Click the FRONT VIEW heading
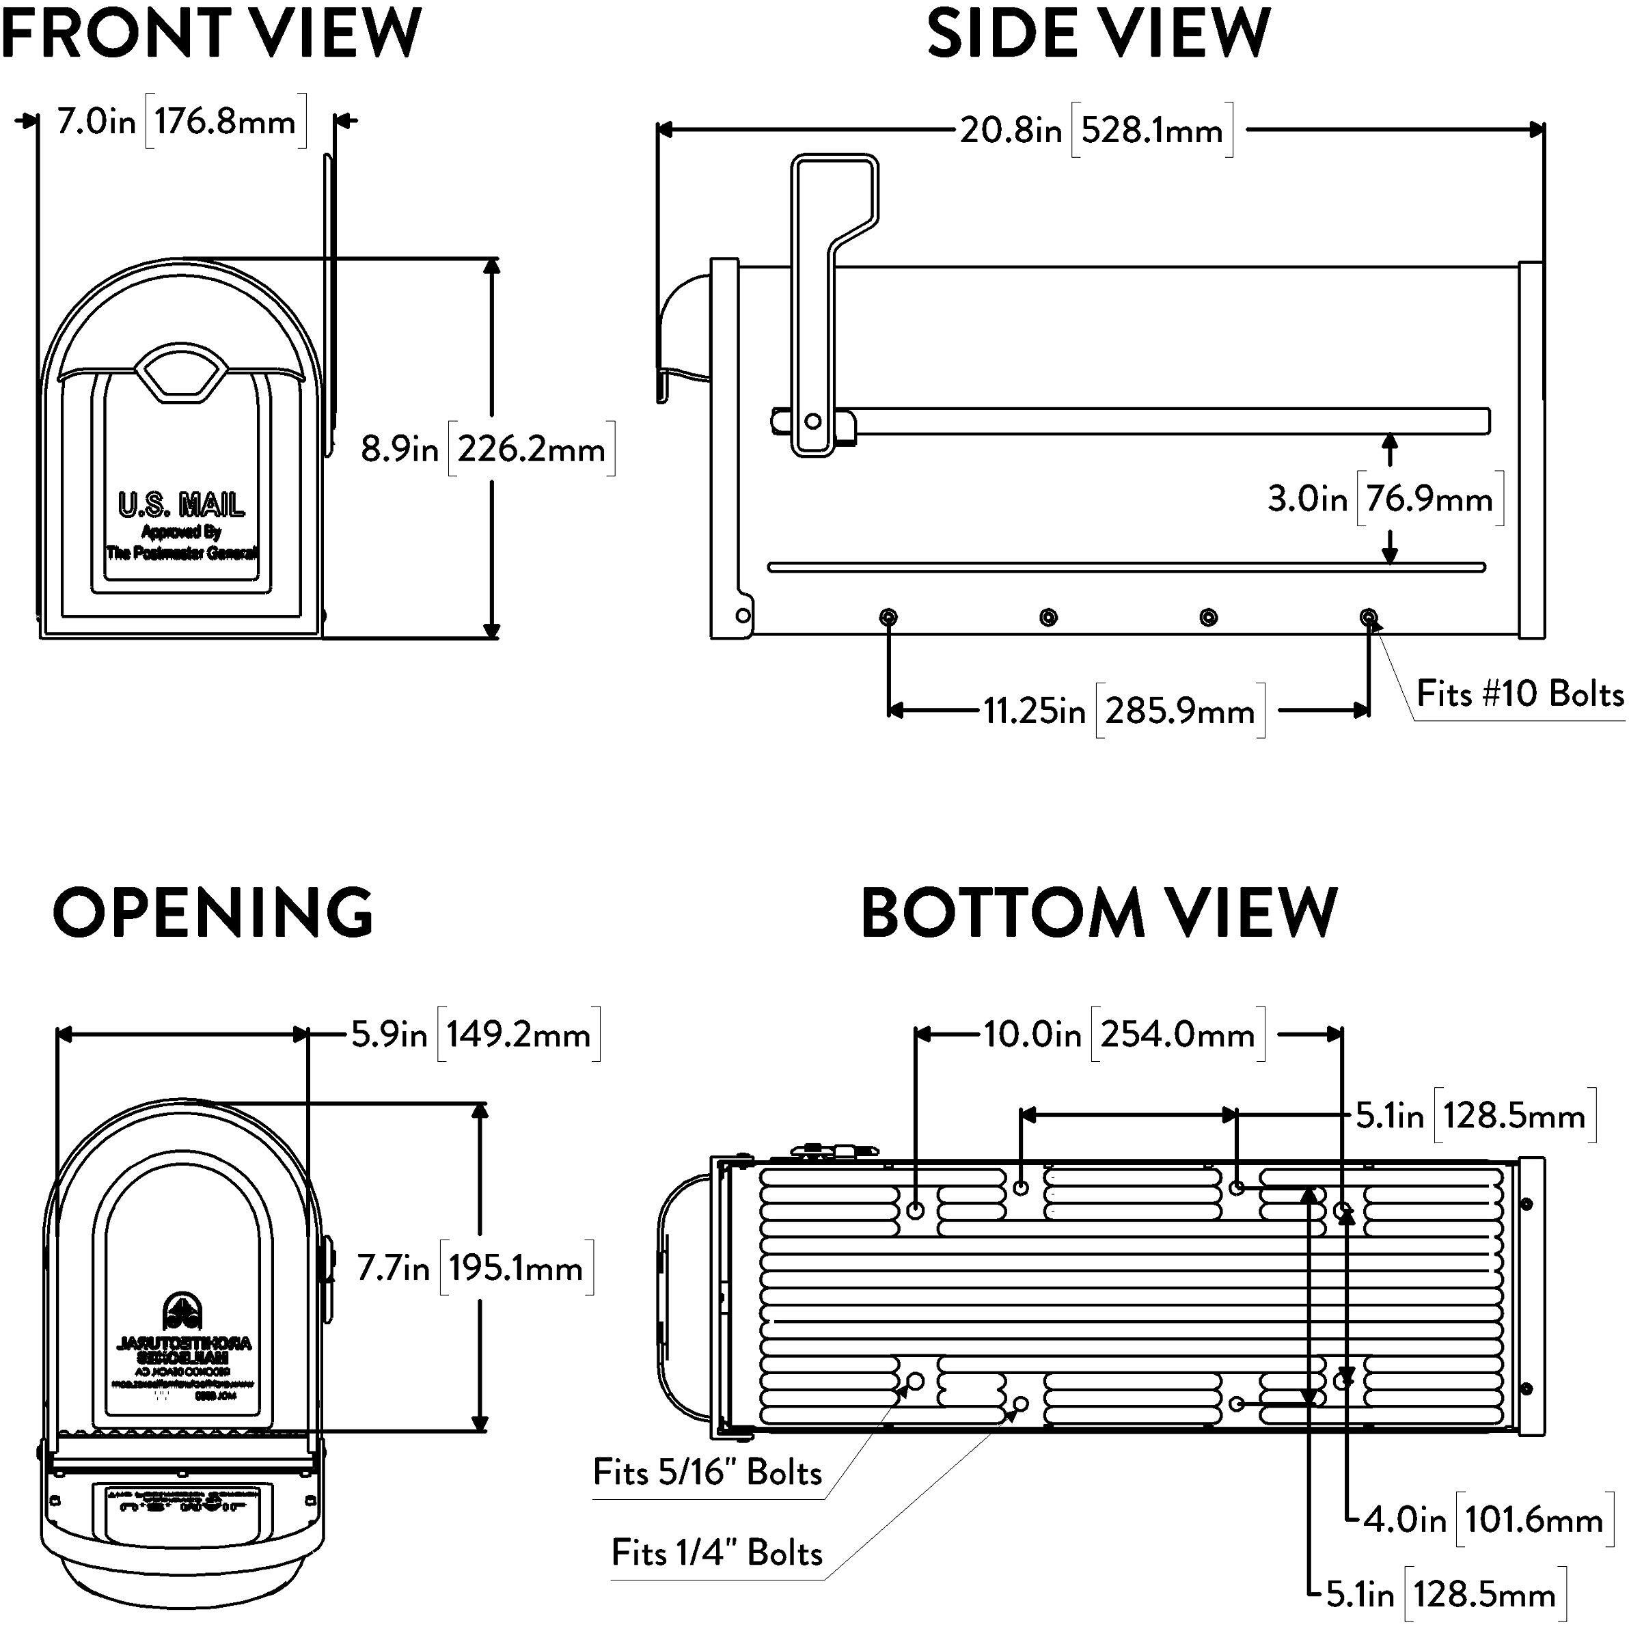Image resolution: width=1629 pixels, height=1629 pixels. pos(210,32)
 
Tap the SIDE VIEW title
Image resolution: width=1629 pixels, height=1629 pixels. pos(1098,32)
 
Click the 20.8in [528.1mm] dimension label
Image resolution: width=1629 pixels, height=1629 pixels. pos(1096,131)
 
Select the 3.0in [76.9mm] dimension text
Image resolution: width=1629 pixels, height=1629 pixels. pos(1384,499)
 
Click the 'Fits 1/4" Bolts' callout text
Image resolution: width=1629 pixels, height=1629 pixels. pos(717,1552)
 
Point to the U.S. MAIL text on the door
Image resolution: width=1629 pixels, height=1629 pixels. pos(181,505)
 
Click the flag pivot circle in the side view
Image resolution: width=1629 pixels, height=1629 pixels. pos(813,421)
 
